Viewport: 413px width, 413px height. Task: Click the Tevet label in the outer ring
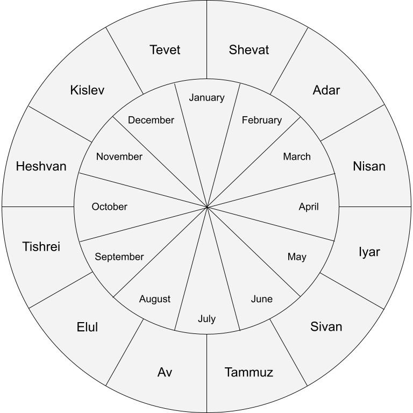click(x=165, y=50)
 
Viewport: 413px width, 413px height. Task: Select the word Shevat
click(x=249, y=50)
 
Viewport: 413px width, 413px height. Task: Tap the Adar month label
click(x=326, y=90)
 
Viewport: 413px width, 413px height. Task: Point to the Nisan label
click(x=369, y=166)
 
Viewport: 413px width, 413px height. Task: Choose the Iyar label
click(x=369, y=252)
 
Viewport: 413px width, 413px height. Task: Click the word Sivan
click(x=326, y=326)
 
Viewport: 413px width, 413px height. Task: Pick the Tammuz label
click(x=249, y=372)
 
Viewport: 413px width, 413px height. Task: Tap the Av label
click(x=165, y=372)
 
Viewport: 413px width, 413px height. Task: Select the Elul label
click(x=87, y=327)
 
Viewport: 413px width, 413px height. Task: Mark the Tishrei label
click(x=41, y=246)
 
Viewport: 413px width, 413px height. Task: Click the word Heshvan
click(x=41, y=166)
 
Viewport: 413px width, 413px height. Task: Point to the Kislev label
click(x=87, y=90)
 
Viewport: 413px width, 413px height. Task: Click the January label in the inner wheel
click(x=206, y=98)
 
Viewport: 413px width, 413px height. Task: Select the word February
click(x=262, y=120)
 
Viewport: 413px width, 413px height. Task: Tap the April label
click(x=309, y=206)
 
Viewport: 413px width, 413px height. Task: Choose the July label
click(x=206, y=319)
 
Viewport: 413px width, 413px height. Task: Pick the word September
click(x=119, y=257)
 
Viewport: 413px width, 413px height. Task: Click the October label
click(x=110, y=206)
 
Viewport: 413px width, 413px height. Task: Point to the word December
click(x=151, y=120)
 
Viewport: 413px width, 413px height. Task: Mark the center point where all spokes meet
click(x=207, y=207)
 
